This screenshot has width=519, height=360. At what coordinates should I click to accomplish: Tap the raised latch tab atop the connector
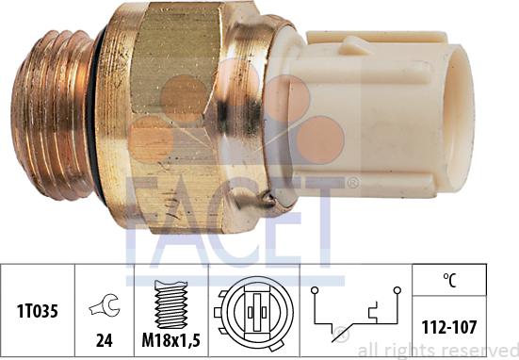point(363,43)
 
